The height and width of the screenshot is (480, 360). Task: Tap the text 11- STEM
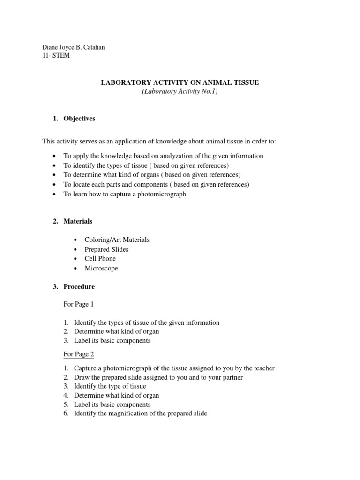click(x=56, y=55)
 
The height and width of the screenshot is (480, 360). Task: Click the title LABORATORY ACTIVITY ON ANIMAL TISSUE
click(x=180, y=83)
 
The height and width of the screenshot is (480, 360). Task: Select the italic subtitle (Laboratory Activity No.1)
click(x=180, y=92)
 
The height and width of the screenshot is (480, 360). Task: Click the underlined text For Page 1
click(x=79, y=304)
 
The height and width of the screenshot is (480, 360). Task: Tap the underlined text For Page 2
click(x=79, y=354)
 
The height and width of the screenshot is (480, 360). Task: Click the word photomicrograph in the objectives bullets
click(x=162, y=194)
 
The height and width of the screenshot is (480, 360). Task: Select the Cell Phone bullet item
click(x=100, y=259)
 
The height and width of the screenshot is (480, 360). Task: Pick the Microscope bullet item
click(x=101, y=269)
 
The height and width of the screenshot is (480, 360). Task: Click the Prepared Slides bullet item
click(x=106, y=249)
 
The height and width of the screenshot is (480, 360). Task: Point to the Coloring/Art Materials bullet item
click(x=117, y=240)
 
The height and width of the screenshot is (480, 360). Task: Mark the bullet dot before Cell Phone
click(x=76, y=259)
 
